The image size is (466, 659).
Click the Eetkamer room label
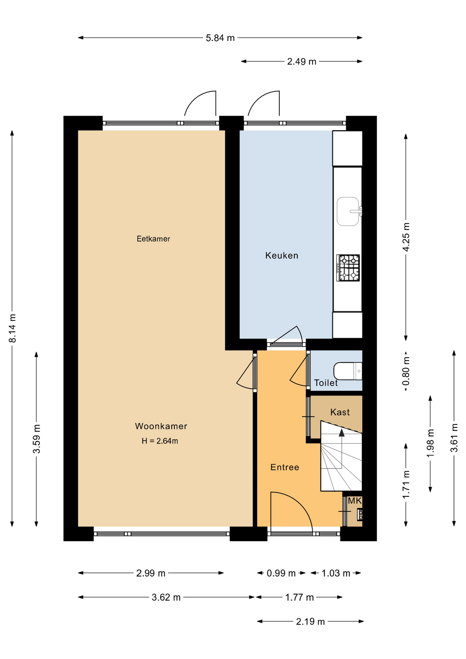click(x=153, y=239)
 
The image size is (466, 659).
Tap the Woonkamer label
click(x=161, y=426)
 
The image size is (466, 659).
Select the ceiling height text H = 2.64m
click(x=160, y=441)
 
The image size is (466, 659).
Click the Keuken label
click(x=282, y=255)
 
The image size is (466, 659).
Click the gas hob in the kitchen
click(x=348, y=268)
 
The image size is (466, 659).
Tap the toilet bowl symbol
click(x=348, y=371)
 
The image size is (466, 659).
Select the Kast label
click(x=340, y=412)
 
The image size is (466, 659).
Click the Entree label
click(x=285, y=467)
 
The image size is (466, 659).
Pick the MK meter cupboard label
click(x=354, y=501)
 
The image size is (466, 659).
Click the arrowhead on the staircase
click(x=341, y=432)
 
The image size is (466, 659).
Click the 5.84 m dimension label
click(x=220, y=38)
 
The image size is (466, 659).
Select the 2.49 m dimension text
click(x=302, y=61)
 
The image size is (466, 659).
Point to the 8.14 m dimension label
click(x=12, y=328)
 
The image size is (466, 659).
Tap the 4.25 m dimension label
click(x=406, y=237)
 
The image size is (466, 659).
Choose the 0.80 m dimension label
click(x=406, y=371)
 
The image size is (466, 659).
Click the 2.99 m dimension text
click(x=151, y=573)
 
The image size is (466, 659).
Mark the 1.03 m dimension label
click(x=336, y=573)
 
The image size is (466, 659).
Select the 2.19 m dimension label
click(x=310, y=622)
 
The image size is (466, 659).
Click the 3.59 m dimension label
click(x=37, y=439)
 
